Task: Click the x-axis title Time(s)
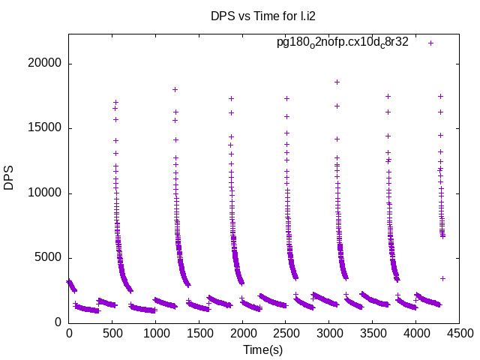click(262, 349)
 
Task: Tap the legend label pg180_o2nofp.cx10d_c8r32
click(343, 42)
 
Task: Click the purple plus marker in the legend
click(430, 43)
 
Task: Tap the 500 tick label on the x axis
click(112, 332)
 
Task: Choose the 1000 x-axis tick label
click(155, 332)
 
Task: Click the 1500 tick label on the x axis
click(199, 332)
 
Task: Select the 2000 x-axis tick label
click(242, 332)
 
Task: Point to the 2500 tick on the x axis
click(285, 332)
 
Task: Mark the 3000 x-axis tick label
click(328, 332)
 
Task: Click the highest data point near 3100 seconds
click(337, 82)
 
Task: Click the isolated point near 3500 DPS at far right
click(442, 278)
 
